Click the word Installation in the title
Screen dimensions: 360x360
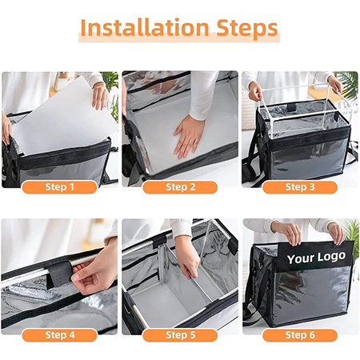[144, 27]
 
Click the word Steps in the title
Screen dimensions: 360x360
[247, 29]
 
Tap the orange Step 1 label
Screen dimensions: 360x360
[60, 187]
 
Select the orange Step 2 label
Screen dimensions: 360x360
[180, 187]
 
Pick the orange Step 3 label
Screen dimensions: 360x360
[300, 187]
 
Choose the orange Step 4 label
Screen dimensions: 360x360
[60, 335]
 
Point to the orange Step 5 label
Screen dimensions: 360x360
[180, 335]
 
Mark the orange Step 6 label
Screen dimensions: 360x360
[300, 335]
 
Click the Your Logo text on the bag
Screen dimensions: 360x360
[316, 258]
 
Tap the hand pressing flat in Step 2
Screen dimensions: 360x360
[188, 136]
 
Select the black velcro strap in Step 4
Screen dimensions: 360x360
[59, 274]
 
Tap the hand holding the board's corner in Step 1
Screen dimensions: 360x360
[100, 96]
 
